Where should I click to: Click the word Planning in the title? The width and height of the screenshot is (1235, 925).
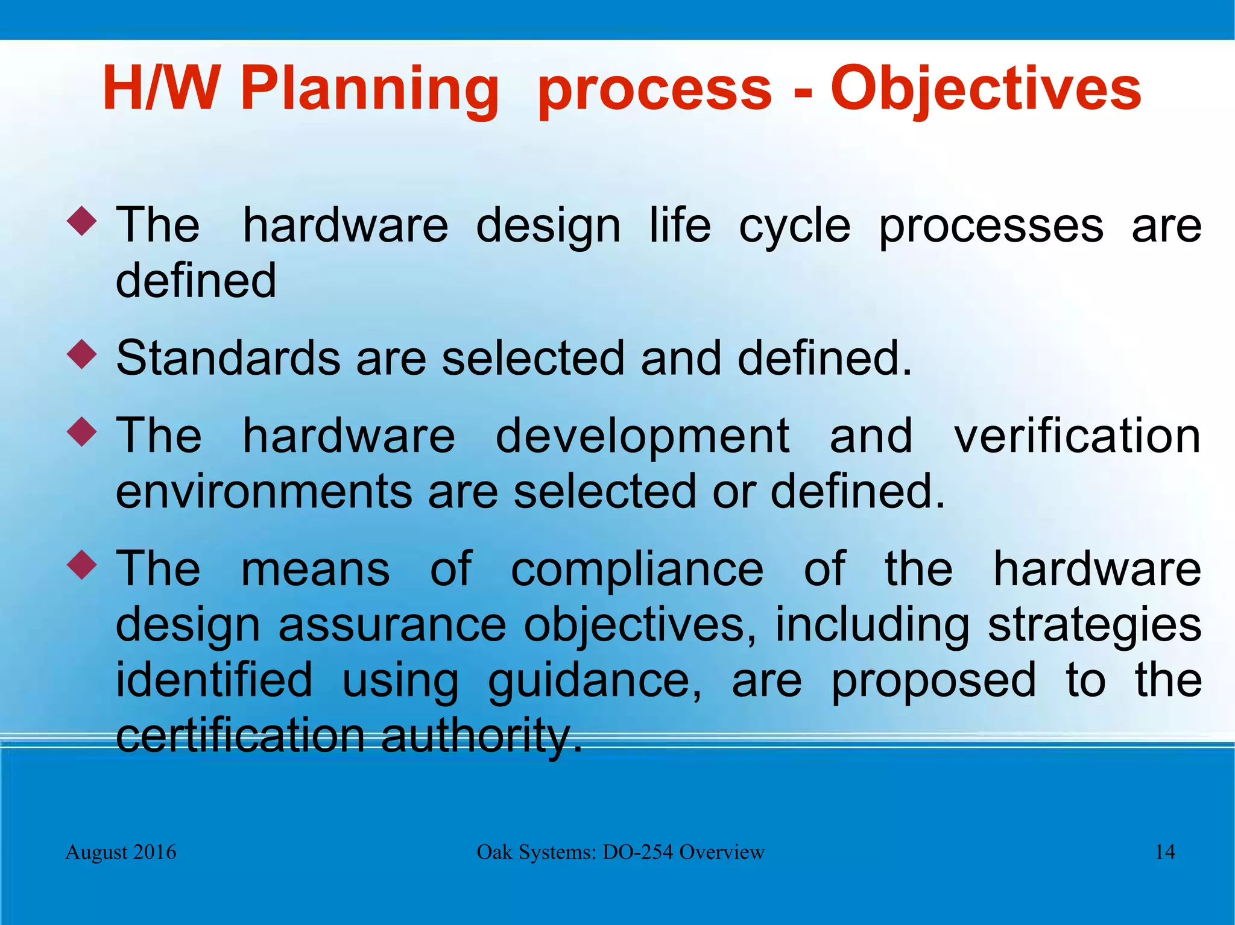click(369, 90)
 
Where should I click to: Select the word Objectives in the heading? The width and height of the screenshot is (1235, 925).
click(985, 90)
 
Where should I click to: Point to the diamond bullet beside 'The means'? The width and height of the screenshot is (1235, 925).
click(81, 565)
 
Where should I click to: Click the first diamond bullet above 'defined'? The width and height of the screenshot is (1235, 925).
click(81, 221)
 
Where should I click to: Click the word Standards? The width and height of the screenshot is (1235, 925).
click(228, 358)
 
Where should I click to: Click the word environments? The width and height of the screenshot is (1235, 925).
click(264, 491)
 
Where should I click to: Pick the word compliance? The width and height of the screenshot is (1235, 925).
click(637, 569)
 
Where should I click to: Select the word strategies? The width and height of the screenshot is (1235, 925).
click(1094, 626)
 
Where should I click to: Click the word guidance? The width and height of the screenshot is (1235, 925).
click(594, 681)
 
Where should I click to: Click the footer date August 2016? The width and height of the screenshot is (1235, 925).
click(121, 852)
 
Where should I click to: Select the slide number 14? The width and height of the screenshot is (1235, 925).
click(1164, 852)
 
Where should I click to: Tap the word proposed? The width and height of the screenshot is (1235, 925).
click(933, 681)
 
